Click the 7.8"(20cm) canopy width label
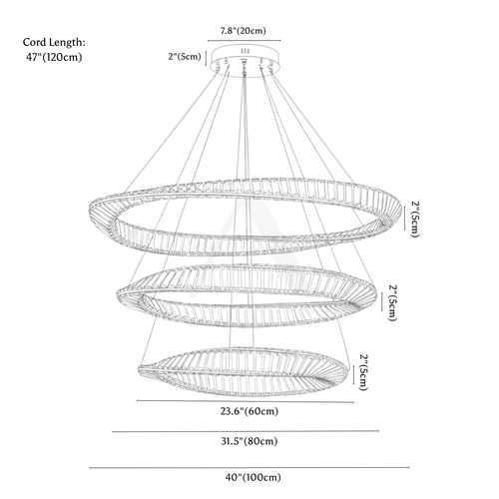coord(244,31)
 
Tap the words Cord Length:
coord(54,42)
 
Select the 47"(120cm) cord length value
coord(54,57)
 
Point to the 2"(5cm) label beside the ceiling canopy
coord(185,57)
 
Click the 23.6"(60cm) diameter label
coord(249,411)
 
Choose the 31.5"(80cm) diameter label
coord(249,441)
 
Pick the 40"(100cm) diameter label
coord(252,477)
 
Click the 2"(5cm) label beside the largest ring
coord(415,219)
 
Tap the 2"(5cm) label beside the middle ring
coord(392,302)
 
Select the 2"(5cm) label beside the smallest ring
coord(364,372)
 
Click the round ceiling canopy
coord(246,62)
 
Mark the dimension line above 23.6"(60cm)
coord(246,401)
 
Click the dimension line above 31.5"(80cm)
coord(246,431)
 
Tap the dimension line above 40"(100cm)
coord(249,468)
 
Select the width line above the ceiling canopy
coord(245,41)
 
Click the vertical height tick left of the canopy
coord(207,58)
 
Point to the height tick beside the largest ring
coord(404,218)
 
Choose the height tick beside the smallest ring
coord(353,374)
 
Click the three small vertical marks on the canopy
coord(246,51)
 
